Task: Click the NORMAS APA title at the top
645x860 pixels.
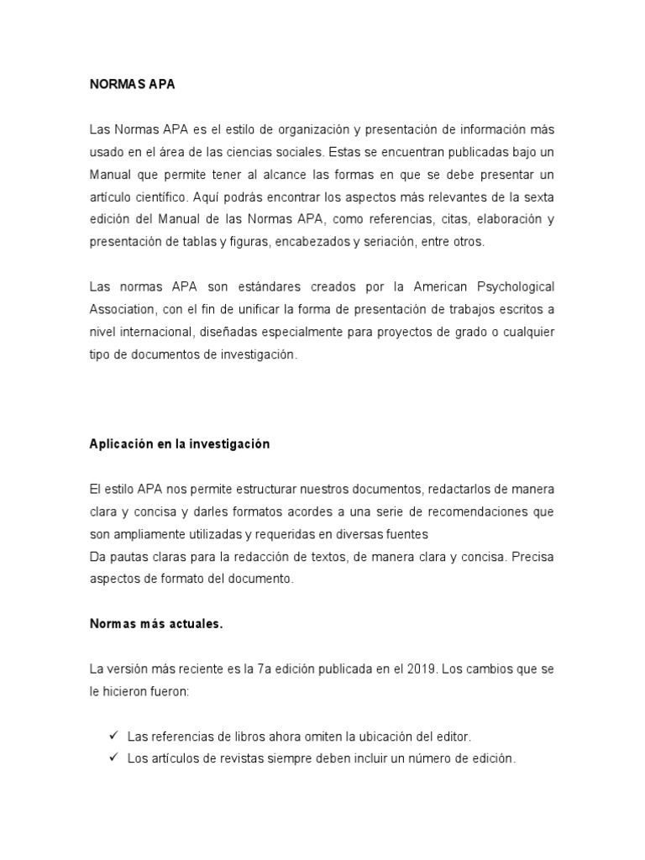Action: (x=132, y=85)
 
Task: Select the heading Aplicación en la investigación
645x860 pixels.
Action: (x=179, y=444)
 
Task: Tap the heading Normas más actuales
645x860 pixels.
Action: (x=156, y=624)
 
